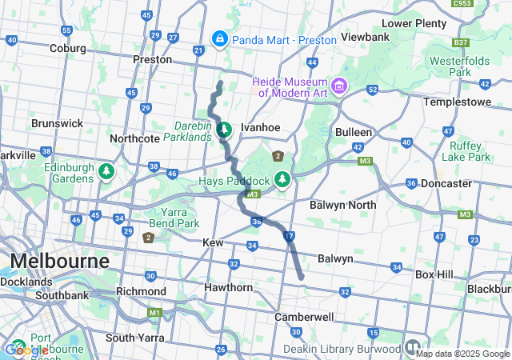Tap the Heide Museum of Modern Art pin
click(339, 85)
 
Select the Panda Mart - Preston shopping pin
click(219, 38)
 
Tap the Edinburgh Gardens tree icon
click(106, 171)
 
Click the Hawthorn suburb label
click(228, 287)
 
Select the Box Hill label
click(434, 274)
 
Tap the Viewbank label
click(364, 37)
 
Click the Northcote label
click(135, 138)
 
